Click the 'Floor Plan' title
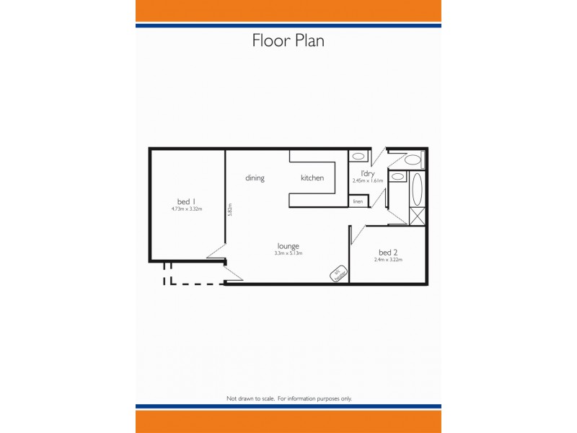point(288,40)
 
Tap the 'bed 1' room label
point(187,201)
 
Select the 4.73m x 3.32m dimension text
point(187,209)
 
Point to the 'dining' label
point(255,178)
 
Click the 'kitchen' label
point(312,178)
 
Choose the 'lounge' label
point(288,246)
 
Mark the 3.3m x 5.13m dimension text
point(288,253)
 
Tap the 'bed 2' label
point(388,253)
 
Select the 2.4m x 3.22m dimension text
point(388,260)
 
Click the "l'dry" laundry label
point(366,173)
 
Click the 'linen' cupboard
point(358,201)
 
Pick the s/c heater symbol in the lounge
point(339,274)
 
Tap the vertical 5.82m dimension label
point(229,209)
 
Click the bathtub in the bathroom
point(418,190)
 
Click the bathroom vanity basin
point(397,177)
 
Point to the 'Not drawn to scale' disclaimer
point(288,398)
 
